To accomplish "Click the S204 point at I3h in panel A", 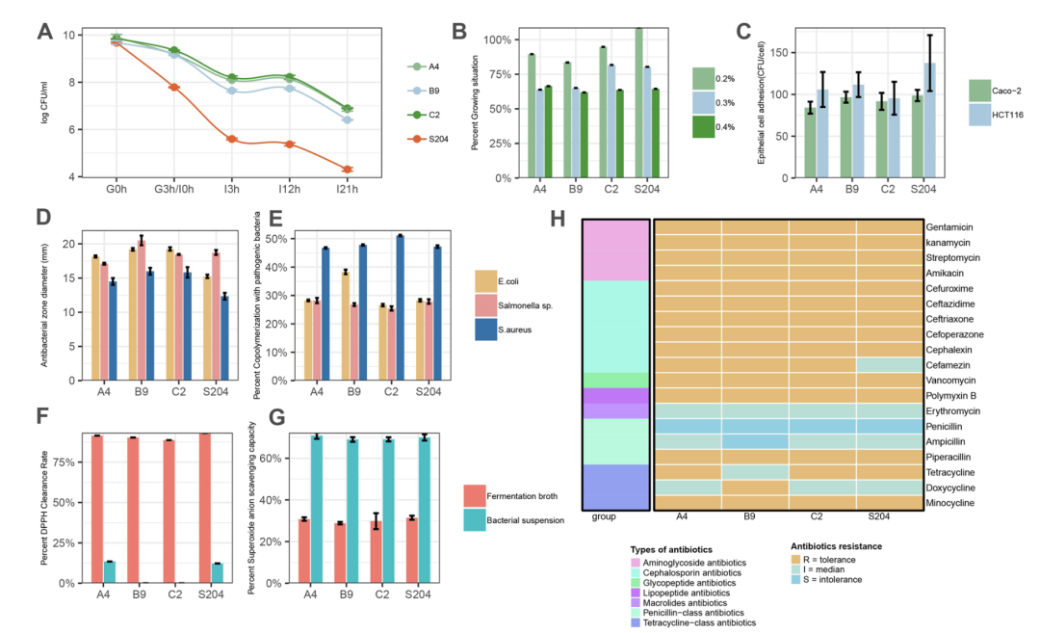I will [x=232, y=139].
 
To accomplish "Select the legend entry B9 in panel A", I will [x=428, y=91].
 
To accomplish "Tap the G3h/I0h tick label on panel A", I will [x=174, y=191].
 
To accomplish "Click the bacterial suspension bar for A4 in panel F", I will [x=109, y=571].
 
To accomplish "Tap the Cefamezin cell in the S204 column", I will [x=890, y=364].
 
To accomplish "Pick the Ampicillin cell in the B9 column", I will [x=755, y=441].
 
